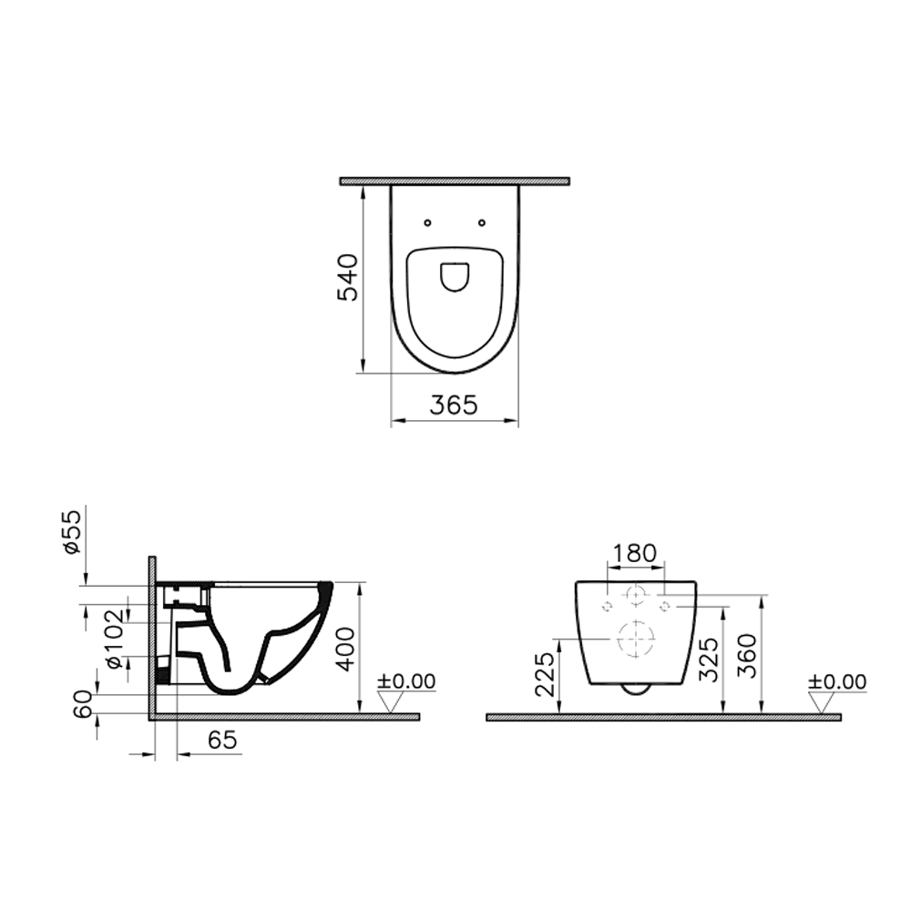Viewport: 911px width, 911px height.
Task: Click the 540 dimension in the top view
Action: (349, 277)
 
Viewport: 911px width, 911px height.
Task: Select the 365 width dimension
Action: (454, 405)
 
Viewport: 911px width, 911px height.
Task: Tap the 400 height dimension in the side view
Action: (343, 648)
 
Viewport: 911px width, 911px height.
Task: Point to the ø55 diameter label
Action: (72, 533)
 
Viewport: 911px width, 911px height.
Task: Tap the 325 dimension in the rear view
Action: (710, 660)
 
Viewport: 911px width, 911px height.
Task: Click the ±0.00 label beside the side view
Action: (406, 681)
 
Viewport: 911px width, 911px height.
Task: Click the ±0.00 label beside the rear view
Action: (837, 681)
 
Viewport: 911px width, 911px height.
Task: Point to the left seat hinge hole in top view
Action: (426, 221)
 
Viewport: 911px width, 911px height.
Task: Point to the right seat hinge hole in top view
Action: (482, 221)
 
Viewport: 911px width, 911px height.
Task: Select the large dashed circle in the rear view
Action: (637, 639)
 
